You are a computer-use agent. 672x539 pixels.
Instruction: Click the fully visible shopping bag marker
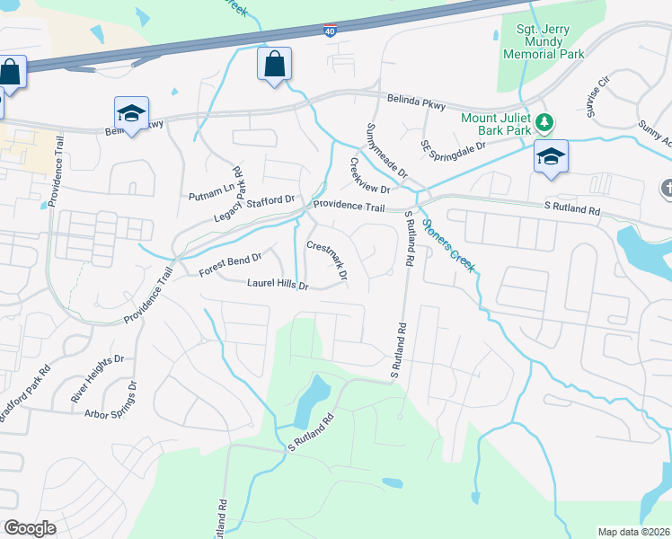274,65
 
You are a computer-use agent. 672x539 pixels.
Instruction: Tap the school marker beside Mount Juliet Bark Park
551,157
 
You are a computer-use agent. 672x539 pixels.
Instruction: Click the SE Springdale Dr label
454,146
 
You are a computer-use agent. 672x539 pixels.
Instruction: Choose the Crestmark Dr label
327,258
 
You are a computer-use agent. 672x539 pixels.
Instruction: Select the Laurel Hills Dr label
279,285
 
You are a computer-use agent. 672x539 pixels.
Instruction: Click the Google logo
30,528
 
